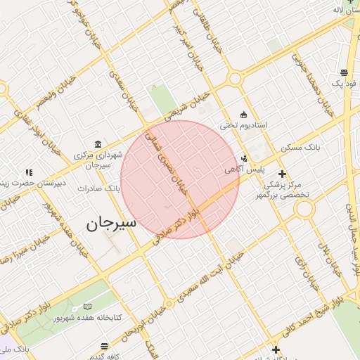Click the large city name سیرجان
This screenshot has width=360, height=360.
point(110,224)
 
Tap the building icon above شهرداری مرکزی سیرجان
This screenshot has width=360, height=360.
point(97,143)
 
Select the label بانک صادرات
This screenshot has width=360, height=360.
point(99,188)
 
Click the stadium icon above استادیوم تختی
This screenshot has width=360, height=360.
point(244,115)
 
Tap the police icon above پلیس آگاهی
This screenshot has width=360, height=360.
point(244,158)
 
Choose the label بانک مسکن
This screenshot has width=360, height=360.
point(300,148)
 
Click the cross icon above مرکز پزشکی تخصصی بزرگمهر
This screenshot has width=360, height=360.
point(282,173)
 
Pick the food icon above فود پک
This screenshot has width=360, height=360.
point(344,72)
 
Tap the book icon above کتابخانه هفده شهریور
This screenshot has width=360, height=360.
point(87,307)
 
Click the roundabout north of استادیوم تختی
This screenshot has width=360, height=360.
point(234,79)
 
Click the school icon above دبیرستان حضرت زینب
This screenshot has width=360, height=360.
point(29,172)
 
